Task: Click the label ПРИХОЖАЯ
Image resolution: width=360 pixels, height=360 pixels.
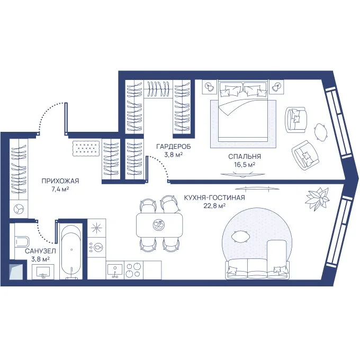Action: click(60, 181)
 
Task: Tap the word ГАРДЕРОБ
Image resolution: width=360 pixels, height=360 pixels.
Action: click(173, 147)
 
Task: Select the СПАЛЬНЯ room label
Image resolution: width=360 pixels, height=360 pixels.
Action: click(245, 157)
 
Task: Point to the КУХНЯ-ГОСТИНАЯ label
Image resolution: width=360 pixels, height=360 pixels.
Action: click(214, 197)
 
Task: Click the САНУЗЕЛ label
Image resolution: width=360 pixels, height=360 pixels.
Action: click(40, 251)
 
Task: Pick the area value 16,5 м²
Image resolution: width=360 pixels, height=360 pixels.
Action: click(245, 165)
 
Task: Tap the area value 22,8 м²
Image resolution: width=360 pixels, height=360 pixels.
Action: click(214, 205)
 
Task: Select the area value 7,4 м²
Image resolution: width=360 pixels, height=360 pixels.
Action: click(60, 189)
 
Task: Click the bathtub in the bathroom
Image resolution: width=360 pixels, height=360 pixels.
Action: click(71, 251)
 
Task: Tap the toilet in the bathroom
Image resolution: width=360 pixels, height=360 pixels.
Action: click(22, 242)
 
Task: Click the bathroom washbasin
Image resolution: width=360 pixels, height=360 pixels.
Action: click(43, 272)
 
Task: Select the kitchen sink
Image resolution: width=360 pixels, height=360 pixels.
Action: click(115, 270)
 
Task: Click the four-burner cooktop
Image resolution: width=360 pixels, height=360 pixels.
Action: click(133, 270)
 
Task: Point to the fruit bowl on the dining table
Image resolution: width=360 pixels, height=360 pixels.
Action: click(159, 224)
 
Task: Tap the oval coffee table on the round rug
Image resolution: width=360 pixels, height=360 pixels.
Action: click(240, 237)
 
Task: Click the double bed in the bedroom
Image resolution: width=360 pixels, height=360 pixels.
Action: click(243, 111)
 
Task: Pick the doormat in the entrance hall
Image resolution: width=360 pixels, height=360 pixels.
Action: click(86, 149)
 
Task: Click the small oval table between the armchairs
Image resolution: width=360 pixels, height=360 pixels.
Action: click(320, 132)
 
